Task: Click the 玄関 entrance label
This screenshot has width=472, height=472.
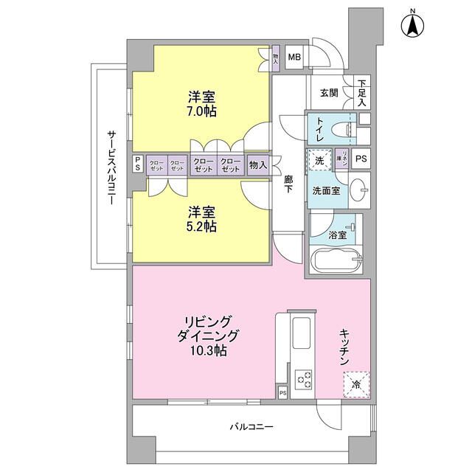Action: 329,93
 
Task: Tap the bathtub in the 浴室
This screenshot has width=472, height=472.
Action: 336,262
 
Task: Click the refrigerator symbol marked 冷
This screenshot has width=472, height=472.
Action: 355,383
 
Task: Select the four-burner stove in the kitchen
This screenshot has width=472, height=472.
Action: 304,380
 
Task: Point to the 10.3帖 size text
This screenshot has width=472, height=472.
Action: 211,351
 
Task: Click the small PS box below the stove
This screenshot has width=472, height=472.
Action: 282,393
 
